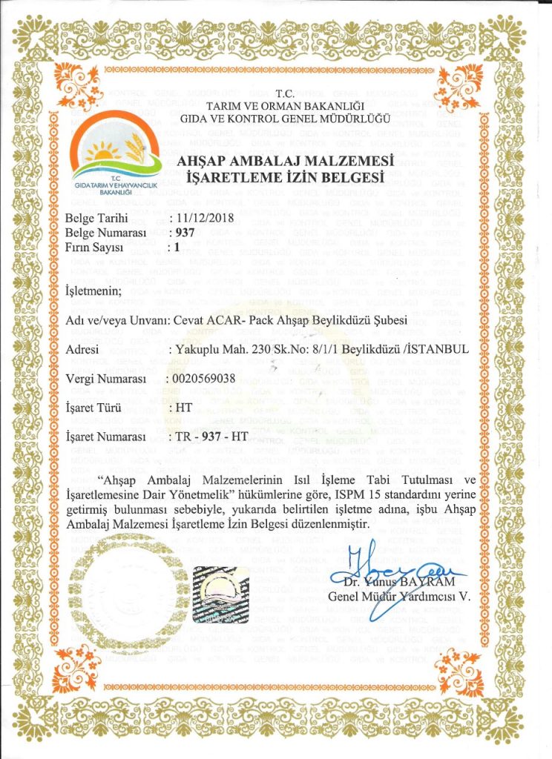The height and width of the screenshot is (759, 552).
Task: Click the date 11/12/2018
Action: coord(201,219)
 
